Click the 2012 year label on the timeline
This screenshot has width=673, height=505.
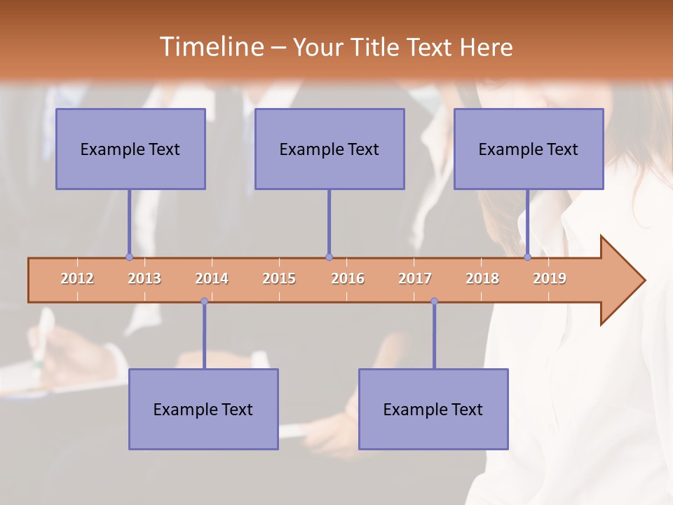[77, 278]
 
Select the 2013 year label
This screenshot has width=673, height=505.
[144, 278]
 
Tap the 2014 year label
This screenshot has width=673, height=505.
[212, 278]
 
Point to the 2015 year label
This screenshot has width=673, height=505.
[279, 278]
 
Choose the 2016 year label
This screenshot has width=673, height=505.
[348, 278]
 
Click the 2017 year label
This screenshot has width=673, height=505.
[415, 278]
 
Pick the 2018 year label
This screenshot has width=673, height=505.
[482, 278]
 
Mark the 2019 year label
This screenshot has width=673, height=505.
[550, 278]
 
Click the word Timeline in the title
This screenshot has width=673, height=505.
[210, 47]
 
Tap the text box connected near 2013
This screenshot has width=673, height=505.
[130, 149]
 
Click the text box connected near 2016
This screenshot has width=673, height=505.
[329, 149]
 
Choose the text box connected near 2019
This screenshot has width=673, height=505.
[529, 149]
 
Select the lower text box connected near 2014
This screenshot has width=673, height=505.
[203, 409]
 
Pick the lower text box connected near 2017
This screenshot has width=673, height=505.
[433, 409]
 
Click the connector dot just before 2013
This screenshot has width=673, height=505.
[129, 257]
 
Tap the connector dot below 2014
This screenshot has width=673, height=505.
[204, 302]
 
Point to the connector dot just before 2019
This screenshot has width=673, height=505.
[527, 257]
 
